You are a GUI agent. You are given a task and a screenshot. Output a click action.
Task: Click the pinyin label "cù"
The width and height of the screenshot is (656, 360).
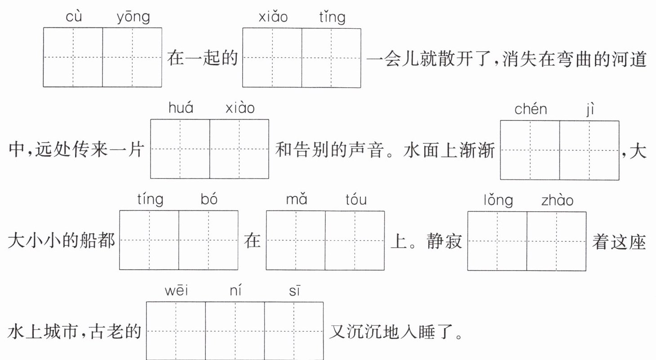[74, 16]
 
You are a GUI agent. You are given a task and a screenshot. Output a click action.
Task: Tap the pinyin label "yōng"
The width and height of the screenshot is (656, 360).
[133, 18]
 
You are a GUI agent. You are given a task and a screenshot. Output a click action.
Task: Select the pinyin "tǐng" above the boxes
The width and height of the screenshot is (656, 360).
[332, 18]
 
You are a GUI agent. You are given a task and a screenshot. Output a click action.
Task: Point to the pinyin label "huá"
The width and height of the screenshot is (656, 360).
[181, 108]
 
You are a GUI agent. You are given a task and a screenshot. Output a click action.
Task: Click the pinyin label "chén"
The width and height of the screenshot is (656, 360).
[531, 109]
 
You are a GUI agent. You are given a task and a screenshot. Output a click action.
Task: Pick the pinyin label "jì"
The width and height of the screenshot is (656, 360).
[590, 110]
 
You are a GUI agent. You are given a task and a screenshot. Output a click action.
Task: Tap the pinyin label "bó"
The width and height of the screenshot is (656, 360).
[209, 199]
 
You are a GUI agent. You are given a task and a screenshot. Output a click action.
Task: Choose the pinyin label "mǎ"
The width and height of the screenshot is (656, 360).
[297, 199]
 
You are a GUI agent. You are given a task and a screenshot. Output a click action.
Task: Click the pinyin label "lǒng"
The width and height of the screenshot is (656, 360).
[498, 201]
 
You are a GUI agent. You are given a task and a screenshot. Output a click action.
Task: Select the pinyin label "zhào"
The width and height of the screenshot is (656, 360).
[557, 200]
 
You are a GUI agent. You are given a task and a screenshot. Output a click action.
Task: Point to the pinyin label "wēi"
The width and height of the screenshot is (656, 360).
[176, 291]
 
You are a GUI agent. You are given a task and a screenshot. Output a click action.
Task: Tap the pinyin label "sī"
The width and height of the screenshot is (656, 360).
[294, 291]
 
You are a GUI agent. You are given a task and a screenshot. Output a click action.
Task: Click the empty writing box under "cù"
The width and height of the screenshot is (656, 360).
[73, 58]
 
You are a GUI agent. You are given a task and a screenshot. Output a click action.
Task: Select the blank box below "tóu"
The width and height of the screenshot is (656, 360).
[355, 240]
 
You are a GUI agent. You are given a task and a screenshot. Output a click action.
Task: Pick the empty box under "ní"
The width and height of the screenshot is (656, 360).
[235, 331]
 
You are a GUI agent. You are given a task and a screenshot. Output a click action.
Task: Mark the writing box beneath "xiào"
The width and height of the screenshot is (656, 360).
[239, 149]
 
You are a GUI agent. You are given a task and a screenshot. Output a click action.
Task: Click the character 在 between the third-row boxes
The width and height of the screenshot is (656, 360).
[252, 241]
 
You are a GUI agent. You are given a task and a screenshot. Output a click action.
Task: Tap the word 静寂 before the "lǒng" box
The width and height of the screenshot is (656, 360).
[444, 241]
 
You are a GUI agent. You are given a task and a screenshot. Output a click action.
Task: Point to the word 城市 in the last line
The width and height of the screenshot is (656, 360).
[60, 332]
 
